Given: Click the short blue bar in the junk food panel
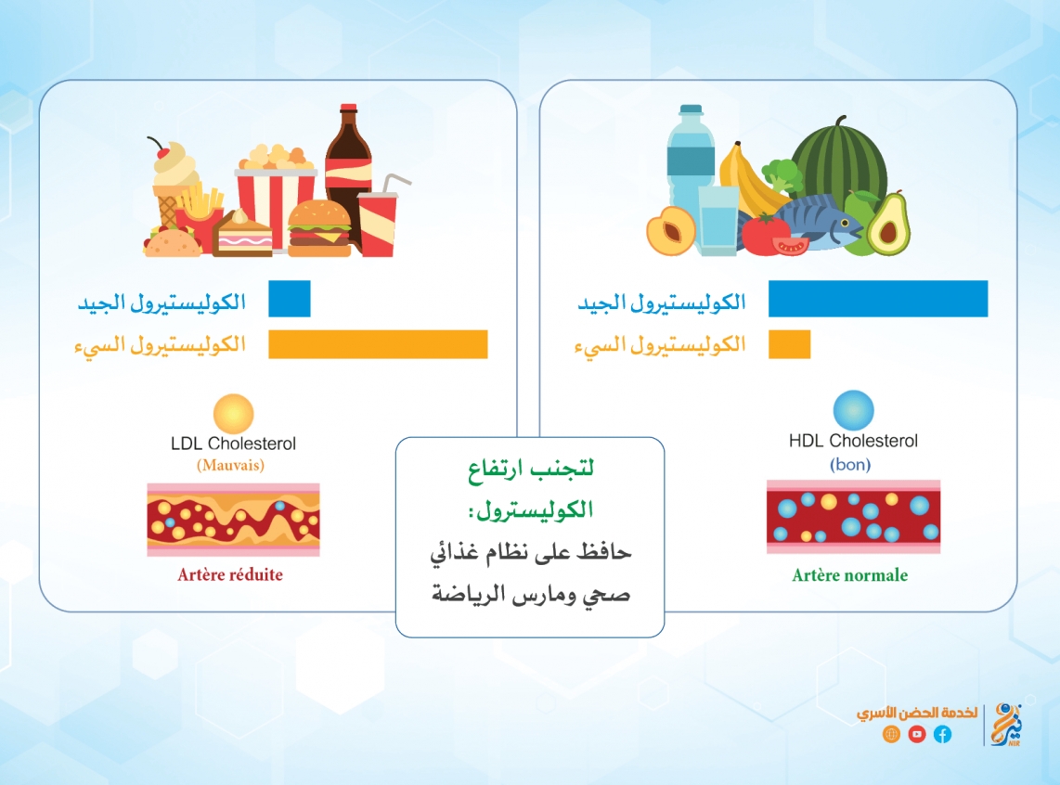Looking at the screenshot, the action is pos(290,299).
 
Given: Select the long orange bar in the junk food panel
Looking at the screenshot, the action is pos(378,344).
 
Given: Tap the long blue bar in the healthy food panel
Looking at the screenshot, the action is pos(878,299).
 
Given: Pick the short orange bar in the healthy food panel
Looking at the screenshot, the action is pos(790,344).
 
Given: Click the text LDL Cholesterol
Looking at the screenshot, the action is pos(233,444).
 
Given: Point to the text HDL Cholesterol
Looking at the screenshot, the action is pos(853,441).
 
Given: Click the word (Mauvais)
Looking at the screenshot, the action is pos(230,466).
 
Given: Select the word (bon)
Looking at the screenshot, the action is pos(850,465).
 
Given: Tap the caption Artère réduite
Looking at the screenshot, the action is pos(230,575).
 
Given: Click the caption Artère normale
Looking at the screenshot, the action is pos(849,575).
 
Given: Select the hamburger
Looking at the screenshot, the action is pos(319,228).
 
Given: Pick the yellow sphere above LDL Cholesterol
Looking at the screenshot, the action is pos(233,414).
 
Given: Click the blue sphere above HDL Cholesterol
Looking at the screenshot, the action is pos(853,410).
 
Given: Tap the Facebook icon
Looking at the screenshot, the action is pos(942,734).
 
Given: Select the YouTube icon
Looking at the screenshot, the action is pos(917,734).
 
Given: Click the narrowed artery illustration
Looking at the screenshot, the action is pos(233,520).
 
